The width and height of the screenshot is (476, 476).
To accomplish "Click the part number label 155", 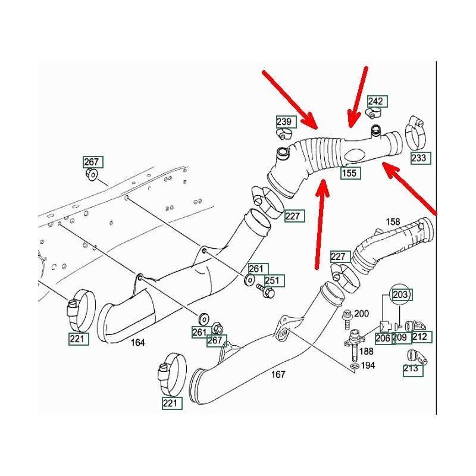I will (x=350, y=174).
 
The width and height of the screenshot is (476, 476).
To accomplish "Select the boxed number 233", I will (x=419, y=158).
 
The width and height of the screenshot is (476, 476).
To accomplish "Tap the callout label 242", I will (x=377, y=102).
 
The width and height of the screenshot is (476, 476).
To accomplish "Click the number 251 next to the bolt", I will (x=274, y=280).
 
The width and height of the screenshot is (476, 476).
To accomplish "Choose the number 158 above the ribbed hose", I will (x=393, y=222).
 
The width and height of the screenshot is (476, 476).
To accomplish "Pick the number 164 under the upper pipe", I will (x=138, y=342).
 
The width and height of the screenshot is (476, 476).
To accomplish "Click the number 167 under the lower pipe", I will (x=278, y=374).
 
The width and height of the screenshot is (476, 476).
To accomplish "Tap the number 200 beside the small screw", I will (x=362, y=314).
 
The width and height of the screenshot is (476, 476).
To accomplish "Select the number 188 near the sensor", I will (x=366, y=350).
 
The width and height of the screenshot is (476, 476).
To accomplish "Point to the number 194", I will (x=368, y=365).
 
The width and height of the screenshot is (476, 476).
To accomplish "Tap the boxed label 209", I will (x=399, y=337).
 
